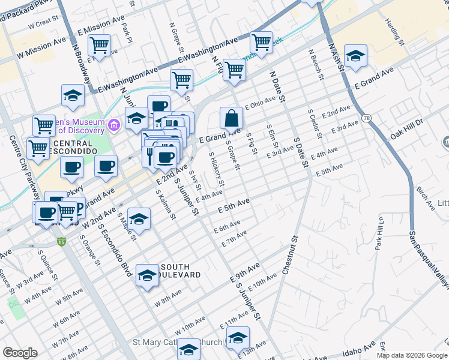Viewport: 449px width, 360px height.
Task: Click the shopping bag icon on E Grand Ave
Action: click(x=231, y=118)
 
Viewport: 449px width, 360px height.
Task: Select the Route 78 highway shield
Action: click(x=366, y=119)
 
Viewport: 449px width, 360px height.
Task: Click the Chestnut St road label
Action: click(x=290, y=255)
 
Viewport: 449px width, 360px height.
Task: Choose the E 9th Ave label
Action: click(x=245, y=272)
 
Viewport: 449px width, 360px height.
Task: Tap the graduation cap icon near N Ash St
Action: click(x=355, y=55)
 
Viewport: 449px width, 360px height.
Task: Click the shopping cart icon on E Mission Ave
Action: click(x=99, y=45)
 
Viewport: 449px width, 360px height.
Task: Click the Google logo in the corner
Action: click(x=20, y=353)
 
